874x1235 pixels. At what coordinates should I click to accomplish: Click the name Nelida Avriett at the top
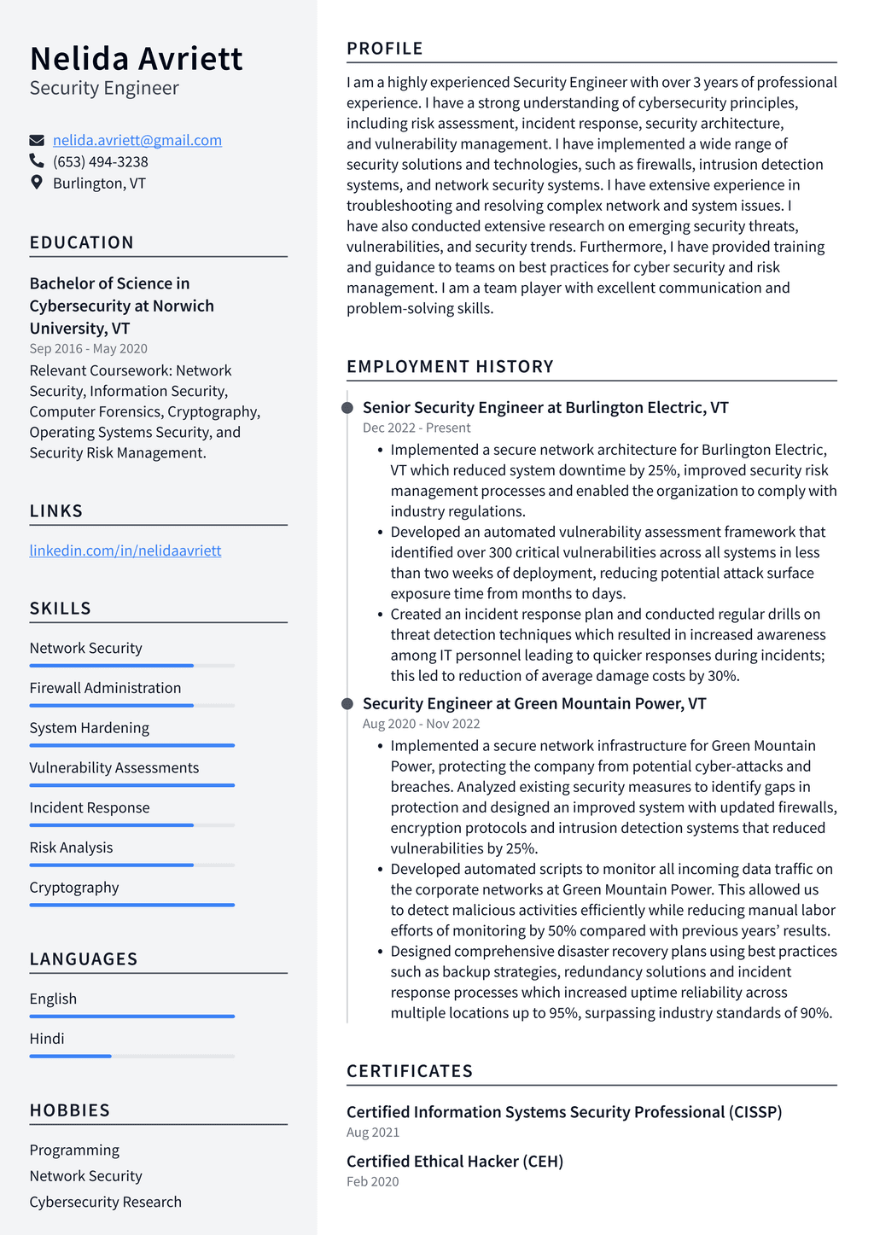tap(136, 59)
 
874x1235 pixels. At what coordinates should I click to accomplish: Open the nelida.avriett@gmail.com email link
tap(137, 140)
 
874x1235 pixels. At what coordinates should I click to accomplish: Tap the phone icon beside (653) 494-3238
tap(37, 161)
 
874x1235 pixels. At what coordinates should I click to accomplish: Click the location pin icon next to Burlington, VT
tap(37, 183)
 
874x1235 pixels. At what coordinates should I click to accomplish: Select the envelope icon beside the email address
tap(37, 140)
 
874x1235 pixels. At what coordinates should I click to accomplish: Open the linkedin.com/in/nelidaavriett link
tap(125, 551)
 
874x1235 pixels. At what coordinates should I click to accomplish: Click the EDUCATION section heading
tap(82, 242)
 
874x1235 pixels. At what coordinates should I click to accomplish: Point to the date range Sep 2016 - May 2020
tap(88, 348)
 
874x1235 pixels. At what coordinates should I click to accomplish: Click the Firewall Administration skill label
tap(105, 688)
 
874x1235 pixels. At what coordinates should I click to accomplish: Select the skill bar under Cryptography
tap(131, 905)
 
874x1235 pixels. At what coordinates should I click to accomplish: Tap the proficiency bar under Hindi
tap(131, 1056)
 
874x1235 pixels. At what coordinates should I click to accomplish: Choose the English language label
tap(53, 999)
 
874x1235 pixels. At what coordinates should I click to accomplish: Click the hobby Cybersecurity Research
tap(105, 1202)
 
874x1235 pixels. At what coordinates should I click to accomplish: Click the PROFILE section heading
tap(385, 49)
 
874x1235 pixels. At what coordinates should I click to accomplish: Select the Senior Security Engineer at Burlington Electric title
tap(545, 407)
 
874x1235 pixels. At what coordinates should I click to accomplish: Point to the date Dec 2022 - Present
tap(417, 428)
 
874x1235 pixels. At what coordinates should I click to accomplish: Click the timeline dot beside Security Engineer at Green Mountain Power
tap(347, 704)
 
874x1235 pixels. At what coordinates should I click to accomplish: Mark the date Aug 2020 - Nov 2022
tap(421, 724)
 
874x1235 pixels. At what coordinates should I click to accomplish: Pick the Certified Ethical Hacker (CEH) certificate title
tap(455, 1161)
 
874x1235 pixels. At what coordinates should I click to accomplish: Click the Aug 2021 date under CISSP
tap(373, 1133)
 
